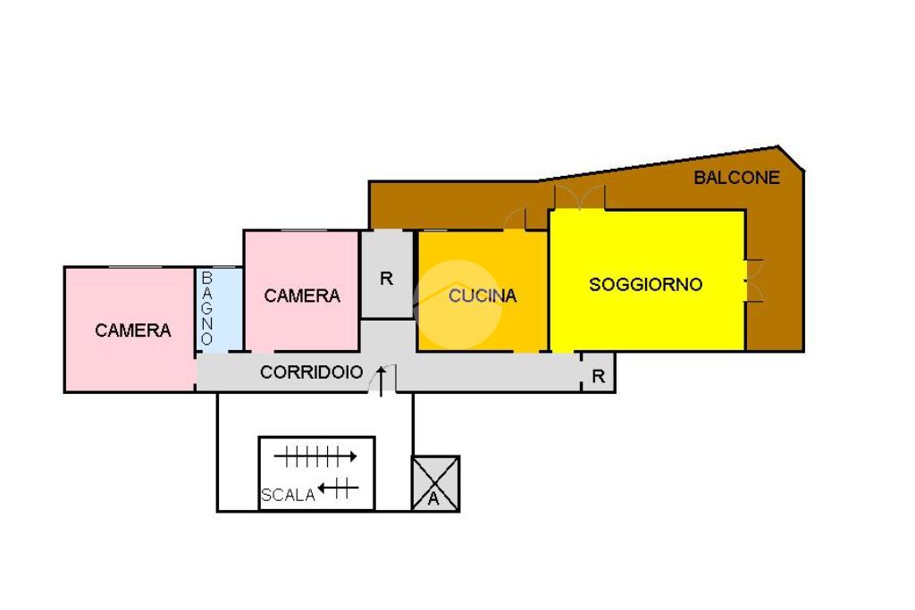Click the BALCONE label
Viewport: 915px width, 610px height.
click(736, 178)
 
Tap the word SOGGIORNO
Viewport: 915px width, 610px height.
click(645, 285)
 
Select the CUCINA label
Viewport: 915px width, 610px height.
click(483, 296)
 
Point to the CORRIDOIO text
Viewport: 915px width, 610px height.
click(311, 372)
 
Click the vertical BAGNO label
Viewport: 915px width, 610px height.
click(206, 309)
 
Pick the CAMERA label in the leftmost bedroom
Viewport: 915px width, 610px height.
click(133, 330)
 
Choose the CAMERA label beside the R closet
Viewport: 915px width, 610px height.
click(302, 296)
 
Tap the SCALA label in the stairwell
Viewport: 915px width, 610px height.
click(288, 495)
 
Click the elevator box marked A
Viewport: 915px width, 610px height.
click(435, 484)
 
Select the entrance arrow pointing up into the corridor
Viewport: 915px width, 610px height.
click(383, 379)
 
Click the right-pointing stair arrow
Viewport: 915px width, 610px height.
click(315, 457)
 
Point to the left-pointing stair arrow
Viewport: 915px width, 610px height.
click(338, 488)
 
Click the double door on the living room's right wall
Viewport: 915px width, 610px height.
click(753, 280)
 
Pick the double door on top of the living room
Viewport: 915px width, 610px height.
click(579, 198)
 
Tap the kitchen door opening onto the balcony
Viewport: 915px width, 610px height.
click(515, 219)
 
